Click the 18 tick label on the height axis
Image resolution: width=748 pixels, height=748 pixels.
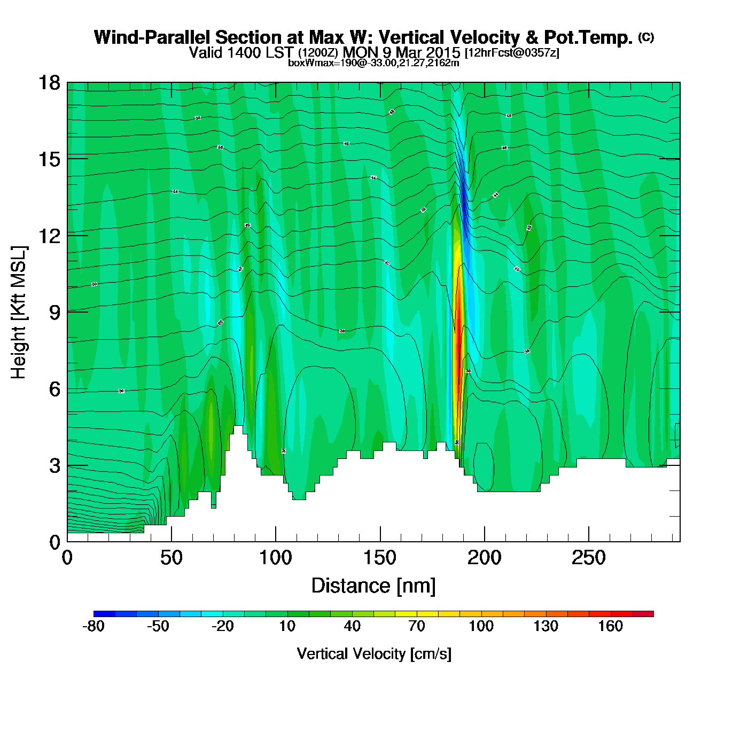click(49, 83)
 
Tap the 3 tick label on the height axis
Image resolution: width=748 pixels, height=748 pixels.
click(54, 465)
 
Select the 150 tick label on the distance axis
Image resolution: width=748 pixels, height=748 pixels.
click(380, 558)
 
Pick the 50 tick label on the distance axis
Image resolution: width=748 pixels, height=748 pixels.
click(171, 558)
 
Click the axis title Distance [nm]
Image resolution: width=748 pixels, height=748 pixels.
click(373, 586)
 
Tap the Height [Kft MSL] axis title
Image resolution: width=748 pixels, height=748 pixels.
click(19, 313)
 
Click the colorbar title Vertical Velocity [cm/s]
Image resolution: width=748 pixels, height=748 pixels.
click(374, 654)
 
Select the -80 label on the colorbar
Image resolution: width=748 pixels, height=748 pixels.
click(93, 626)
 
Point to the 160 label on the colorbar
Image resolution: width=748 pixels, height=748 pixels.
click(610, 626)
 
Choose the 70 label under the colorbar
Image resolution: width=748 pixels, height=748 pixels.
click(417, 626)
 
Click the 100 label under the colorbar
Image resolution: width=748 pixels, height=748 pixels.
click(481, 626)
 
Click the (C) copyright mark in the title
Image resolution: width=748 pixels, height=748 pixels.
click(646, 37)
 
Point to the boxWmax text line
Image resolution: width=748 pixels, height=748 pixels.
click(373, 63)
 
